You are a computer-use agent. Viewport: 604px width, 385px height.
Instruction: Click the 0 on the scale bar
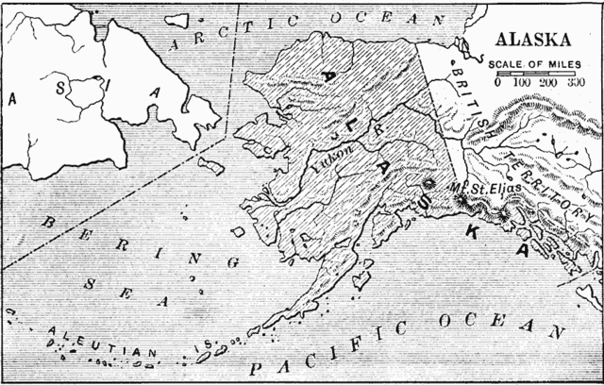(497, 83)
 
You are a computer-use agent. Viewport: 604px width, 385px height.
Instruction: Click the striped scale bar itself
(532, 73)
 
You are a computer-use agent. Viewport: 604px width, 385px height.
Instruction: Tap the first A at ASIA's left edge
(13, 96)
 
